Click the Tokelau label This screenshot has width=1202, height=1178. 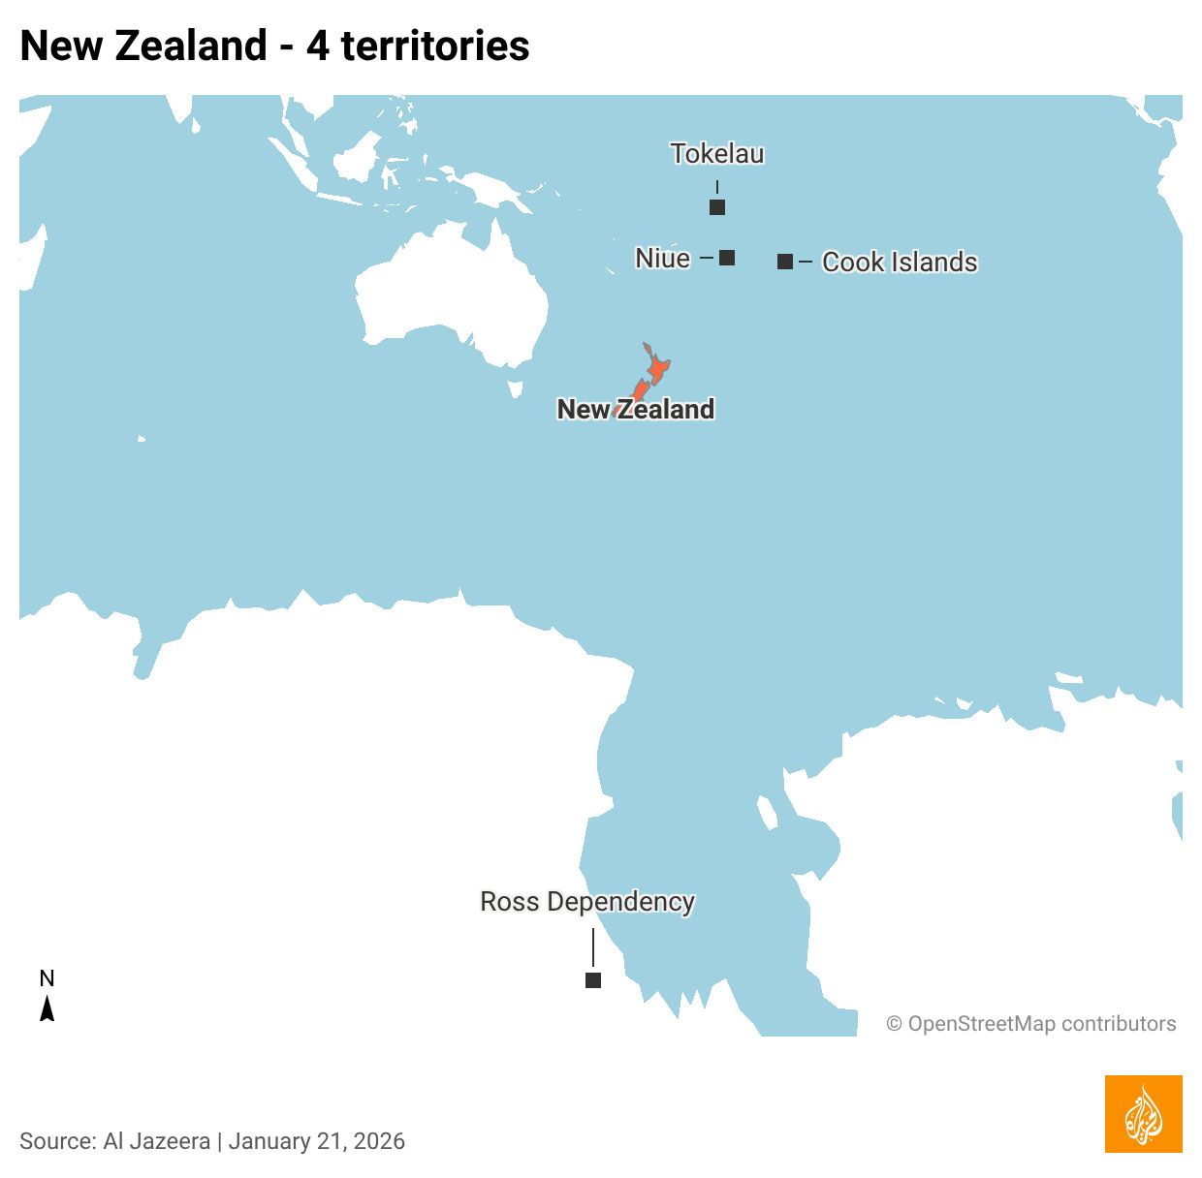(717, 154)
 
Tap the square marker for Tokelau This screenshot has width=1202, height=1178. (717, 207)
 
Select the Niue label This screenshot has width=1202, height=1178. (663, 258)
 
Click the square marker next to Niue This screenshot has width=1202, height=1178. (727, 258)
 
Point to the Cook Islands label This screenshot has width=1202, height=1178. (900, 262)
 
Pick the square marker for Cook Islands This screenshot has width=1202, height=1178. (785, 262)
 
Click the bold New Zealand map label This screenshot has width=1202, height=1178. (636, 410)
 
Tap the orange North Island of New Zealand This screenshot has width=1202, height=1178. (657, 369)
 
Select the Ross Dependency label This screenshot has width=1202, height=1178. (587, 902)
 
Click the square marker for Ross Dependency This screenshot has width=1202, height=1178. (593, 980)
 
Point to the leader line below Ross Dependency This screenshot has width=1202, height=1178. (593, 946)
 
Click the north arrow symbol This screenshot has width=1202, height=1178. (47, 1009)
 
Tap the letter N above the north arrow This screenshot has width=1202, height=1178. (47, 978)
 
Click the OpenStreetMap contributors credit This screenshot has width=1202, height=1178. (1031, 1024)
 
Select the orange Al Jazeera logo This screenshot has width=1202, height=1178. (1143, 1114)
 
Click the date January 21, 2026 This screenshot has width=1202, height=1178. (317, 1141)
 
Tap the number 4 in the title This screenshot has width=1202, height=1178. (318, 46)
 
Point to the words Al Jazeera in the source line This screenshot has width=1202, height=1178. (156, 1141)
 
